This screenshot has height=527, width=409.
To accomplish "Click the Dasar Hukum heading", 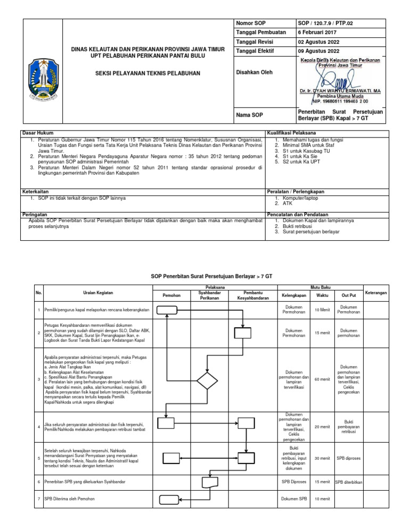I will [x=37, y=132].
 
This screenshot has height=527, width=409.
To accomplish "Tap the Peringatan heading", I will [x=34, y=213].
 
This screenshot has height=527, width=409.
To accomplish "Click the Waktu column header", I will [x=322, y=295].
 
